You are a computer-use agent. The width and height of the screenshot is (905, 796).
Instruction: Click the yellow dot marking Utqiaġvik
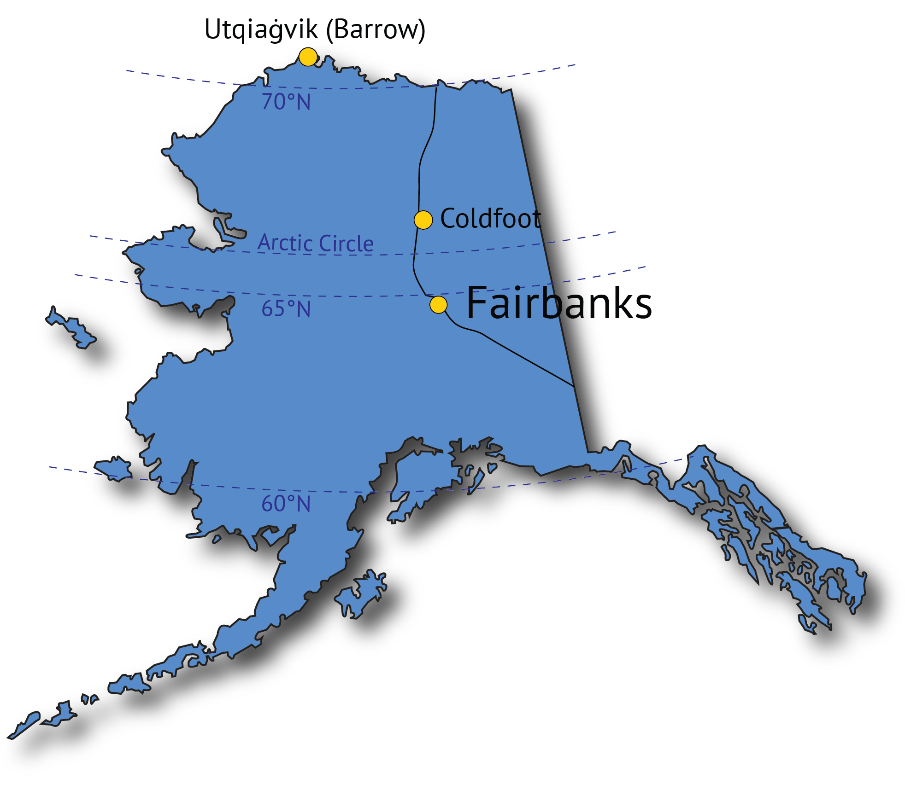tap(308, 57)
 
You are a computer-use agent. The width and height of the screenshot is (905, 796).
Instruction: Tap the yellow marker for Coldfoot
tap(423, 220)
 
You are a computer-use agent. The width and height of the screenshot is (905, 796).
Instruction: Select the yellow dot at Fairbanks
tap(438, 304)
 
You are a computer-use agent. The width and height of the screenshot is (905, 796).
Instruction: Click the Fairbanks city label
tap(559, 302)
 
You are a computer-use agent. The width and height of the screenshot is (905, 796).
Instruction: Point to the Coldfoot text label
tap(490, 218)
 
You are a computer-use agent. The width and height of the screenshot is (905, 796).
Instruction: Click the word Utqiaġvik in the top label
tap(261, 30)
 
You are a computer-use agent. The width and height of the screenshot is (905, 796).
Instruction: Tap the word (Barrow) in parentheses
tap(376, 30)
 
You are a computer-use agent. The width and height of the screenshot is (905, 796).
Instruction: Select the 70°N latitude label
tap(286, 102)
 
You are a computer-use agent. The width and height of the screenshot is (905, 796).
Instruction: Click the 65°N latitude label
tap(286, 309)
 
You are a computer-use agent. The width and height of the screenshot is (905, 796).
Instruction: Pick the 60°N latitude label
tap(286, 504)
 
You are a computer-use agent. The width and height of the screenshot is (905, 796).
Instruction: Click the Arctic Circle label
tap(316, 243)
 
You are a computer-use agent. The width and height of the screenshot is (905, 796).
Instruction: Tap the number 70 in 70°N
tap(274, 102)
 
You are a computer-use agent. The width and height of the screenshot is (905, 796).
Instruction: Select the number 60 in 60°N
tap(274, 504)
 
